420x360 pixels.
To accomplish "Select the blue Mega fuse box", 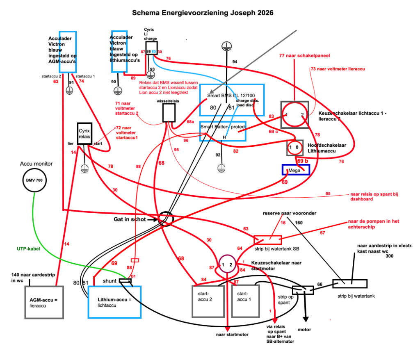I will click(296, 169).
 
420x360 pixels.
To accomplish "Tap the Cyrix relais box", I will click(84, 133).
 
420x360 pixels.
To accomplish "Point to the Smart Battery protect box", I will click(222, 131).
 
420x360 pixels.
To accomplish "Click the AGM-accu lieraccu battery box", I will click(44, 302).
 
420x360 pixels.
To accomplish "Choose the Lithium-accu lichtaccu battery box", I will click(114, 302).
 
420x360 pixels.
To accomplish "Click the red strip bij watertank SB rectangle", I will click(268, 240).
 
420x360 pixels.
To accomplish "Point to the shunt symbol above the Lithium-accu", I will click(125, 281).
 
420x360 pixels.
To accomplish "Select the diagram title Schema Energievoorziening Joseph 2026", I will click(203, 13).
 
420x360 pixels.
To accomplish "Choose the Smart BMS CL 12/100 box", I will click(232, 100).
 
